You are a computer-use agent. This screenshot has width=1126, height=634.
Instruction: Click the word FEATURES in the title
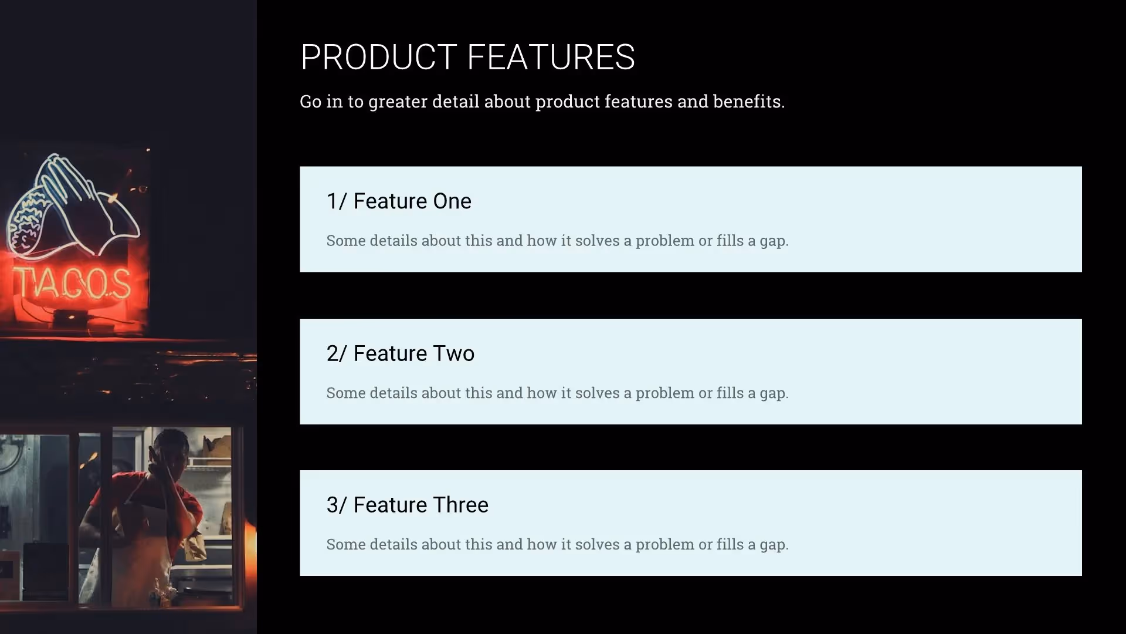click(551, 58)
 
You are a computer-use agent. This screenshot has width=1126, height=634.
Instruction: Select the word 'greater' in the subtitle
click(398, 102)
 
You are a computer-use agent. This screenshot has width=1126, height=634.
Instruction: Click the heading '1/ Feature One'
click(399, 201)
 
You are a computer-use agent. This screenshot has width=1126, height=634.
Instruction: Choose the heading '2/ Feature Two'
click(401, 353)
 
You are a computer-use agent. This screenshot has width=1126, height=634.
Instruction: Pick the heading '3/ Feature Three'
click(407, 505)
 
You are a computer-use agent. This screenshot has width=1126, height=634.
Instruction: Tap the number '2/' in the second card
click(337, 353)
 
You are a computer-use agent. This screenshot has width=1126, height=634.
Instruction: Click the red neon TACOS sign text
click(72, 284)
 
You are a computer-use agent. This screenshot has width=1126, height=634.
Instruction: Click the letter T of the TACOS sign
click(23, 284)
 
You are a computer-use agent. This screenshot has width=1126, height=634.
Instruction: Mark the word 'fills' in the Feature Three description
click(730, 544)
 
